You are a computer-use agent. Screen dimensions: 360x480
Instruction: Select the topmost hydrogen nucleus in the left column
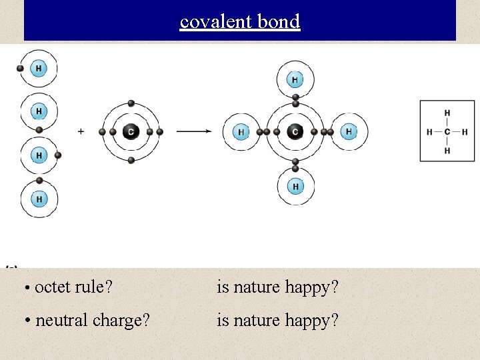click(x=39, y=68)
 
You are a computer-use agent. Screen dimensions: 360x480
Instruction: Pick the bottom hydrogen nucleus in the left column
click(x=39, y=199)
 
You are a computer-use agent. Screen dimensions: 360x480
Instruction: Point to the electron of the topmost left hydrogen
click(x=20, y=68)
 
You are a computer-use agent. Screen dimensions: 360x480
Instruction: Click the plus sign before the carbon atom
click(x=81, y=132)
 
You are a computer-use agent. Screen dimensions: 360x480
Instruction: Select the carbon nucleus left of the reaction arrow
click(x=131, y=132)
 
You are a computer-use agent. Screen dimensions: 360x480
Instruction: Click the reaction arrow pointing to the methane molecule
click(x=194, y=132)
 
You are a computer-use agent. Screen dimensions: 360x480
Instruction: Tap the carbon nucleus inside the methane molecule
click(x=295, y=132)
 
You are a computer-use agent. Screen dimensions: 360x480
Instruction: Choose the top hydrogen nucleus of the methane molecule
click(x=295, y=80)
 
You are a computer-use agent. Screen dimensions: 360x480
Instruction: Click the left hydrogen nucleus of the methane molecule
click(x=241, y=132)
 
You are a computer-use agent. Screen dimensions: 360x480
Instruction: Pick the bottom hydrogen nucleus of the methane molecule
click(x=295, y=185)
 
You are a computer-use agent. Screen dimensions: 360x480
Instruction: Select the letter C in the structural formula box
click(x=447, y=131)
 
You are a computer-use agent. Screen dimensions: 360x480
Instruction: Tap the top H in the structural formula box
click(x=447, y=113)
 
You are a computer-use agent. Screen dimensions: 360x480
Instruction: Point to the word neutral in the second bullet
click(x=61, y=320)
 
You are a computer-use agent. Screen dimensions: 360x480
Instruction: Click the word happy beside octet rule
click(x=311, y=288)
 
